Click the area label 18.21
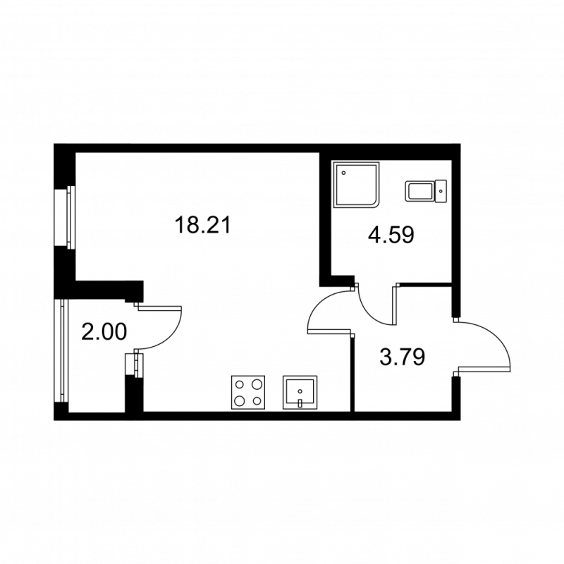pos(202,226)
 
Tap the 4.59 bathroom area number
pos(390,234)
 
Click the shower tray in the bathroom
pos(357,185)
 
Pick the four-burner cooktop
pos(248,393)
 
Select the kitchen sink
pos(301,392)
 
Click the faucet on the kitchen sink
pos(301,403)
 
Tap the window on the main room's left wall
pos(70,216)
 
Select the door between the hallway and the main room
pos(330,310)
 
